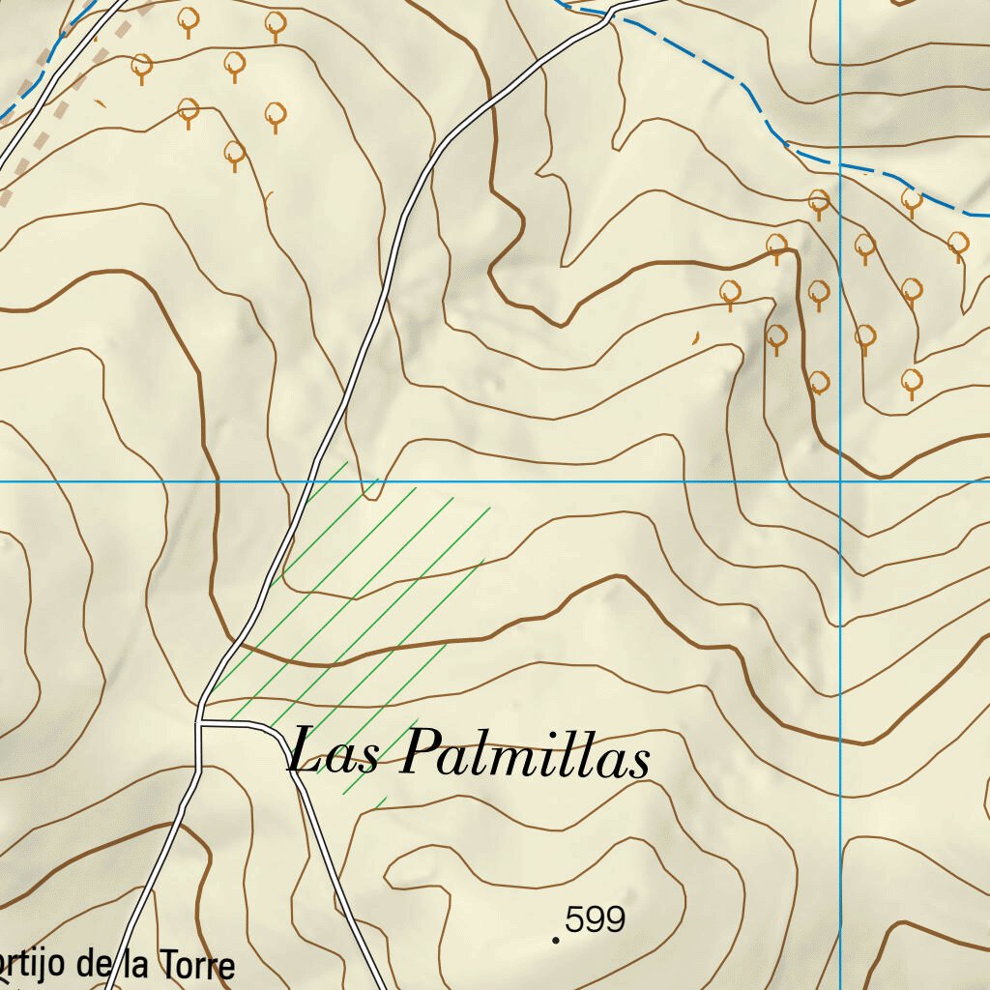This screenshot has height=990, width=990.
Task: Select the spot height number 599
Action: pyautogui.click(x=596, y=919)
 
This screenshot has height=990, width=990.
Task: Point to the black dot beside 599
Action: pyautogui.click(x=556, y=939)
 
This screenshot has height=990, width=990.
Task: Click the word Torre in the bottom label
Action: pyautogui.click(x=197, y=965)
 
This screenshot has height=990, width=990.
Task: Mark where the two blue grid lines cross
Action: pyautogui.click(x=840, y=480)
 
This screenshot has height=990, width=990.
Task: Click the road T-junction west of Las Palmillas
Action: pyautogui.click(x=198, y=721)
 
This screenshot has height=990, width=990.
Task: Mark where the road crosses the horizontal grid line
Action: pyautogui.click(x=312, y=480)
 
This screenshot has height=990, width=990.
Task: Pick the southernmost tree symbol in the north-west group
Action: pyautogui.click(x=234, y=153)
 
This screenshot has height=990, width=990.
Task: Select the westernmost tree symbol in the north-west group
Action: pyautogui.click(x=142, y=67)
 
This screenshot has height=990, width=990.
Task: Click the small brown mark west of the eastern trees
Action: pyautogui.click(x=693, y=337)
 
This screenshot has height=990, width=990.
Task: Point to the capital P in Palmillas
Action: pyautogui.click(x=418, y=753)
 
